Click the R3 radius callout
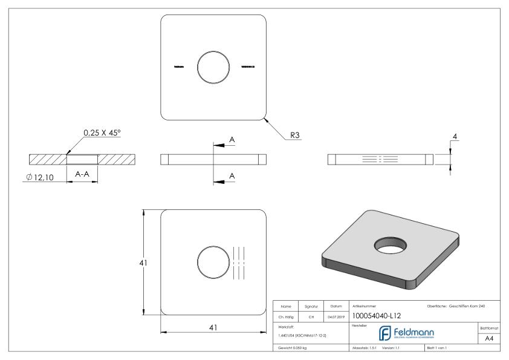point(296,136)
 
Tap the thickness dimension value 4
point(454,137)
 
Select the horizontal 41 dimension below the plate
point(213,327)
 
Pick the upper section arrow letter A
point(231,140)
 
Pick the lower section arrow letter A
point(231,176)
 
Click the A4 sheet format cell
point(491,339)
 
